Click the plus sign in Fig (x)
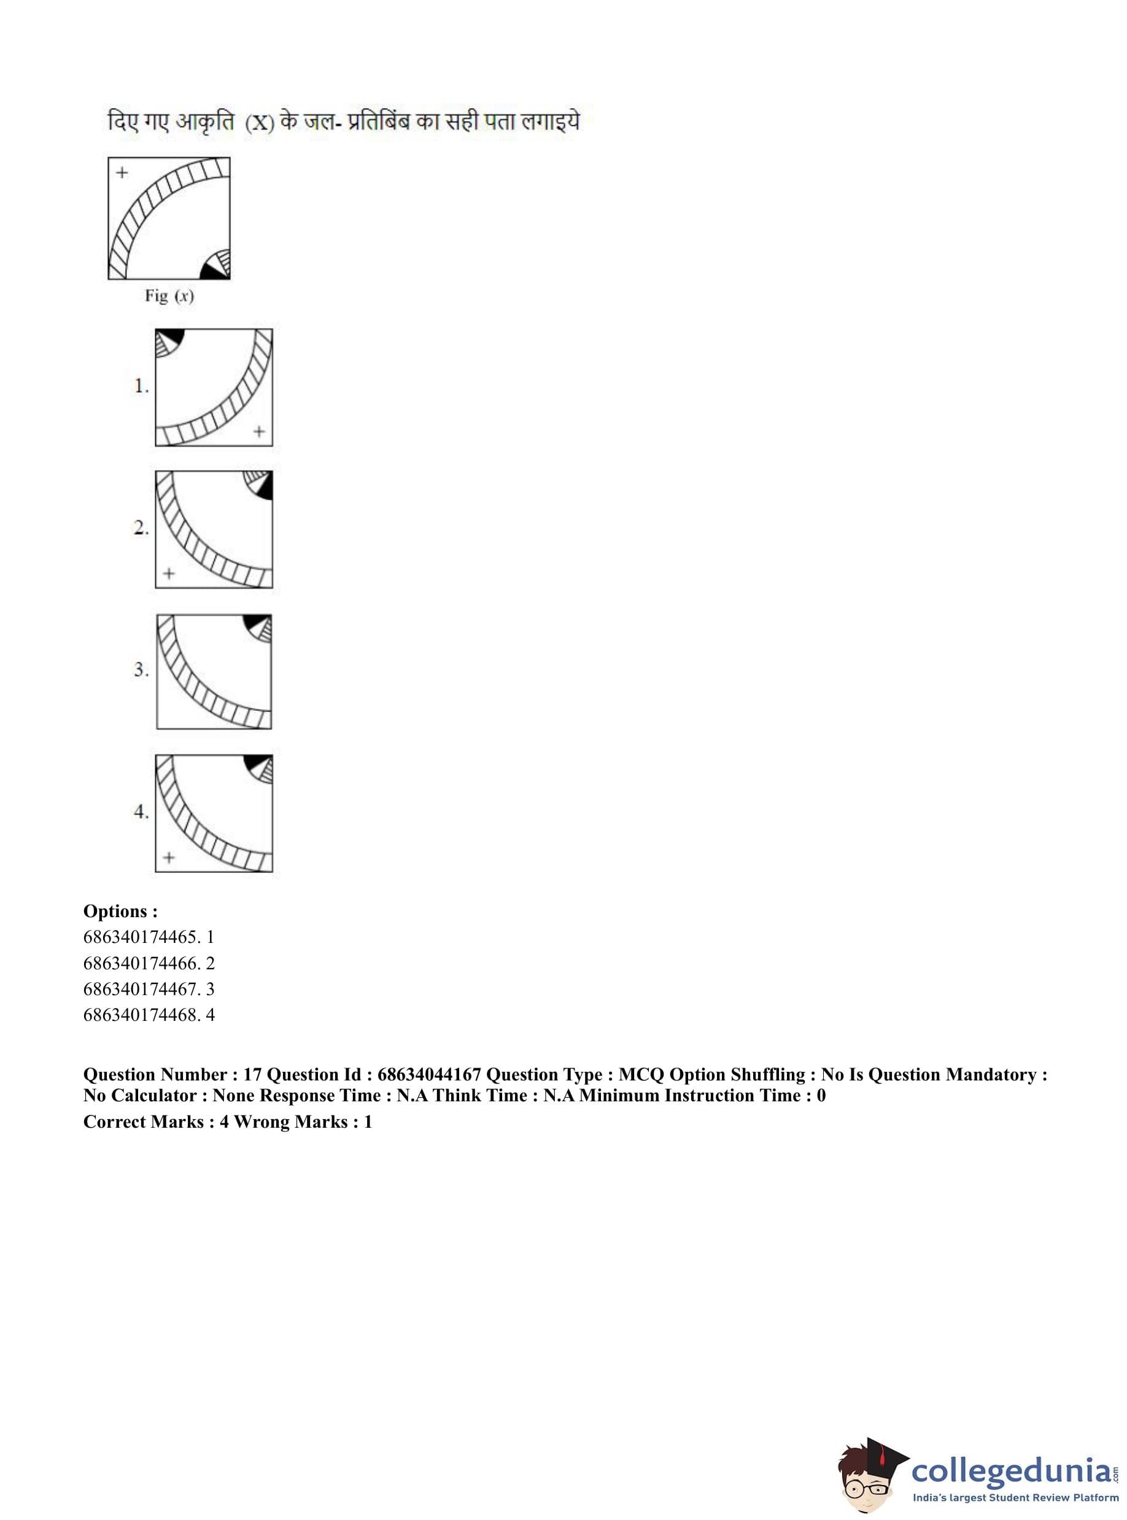(x=122, y=173)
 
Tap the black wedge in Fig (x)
(x=214, y=271)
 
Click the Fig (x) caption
(x=169, y=296)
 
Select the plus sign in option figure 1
(x=258, y=431)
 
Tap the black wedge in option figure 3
(x=255, y=622)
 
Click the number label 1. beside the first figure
(x=141, y=387)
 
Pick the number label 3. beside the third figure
(x=141, y=670)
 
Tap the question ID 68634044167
(x=429, y=1074)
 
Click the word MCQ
(x=641, y=1074)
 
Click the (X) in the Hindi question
(x=259, y=123)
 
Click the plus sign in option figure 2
(x=169, y=574)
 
